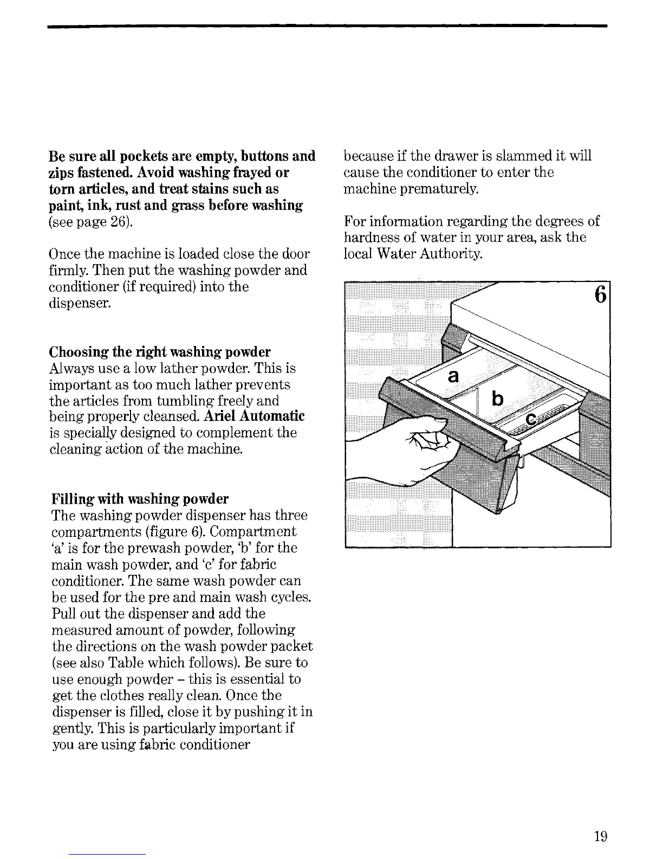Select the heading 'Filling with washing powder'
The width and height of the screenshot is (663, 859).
click(139, 498)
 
